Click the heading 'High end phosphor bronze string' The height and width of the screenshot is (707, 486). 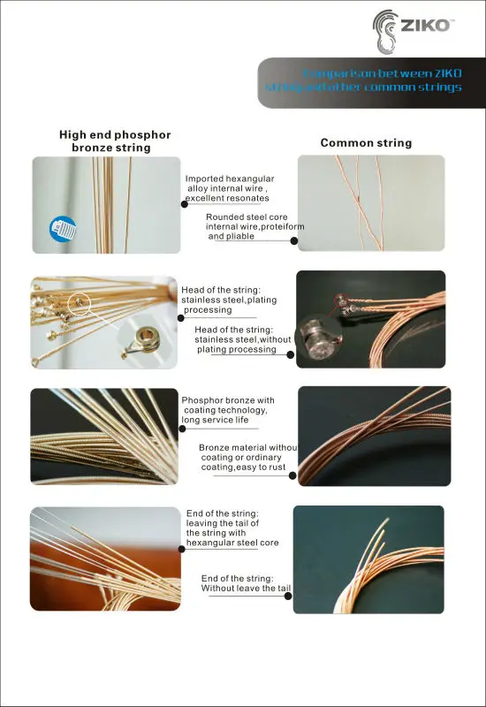coord(114,141)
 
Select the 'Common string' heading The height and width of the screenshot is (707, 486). coord(366,142)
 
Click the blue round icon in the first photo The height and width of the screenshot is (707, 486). coord(63,229)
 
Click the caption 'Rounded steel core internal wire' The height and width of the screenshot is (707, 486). coord(254,226)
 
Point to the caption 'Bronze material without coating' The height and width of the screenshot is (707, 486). coord(247,458)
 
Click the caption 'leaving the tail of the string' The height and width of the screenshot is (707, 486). coord(232,528)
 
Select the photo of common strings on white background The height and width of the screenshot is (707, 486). coord(370,203)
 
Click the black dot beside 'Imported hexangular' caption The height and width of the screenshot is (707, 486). coord(184,203)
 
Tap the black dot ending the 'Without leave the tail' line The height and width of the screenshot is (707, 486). coord(292,597)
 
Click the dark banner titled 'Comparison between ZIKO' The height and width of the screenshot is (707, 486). coord(371,80)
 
